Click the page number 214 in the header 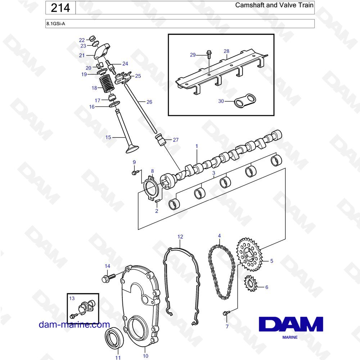coord(60,8)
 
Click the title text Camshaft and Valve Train coord(274,5)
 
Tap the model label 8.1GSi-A coord(56,23)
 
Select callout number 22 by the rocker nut coord(82,40)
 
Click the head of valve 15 coord(132,148)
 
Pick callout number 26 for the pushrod coord(149,102)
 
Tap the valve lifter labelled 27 coord(161,140)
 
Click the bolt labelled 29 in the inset coord(209,54)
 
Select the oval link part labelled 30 coord(245,100)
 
